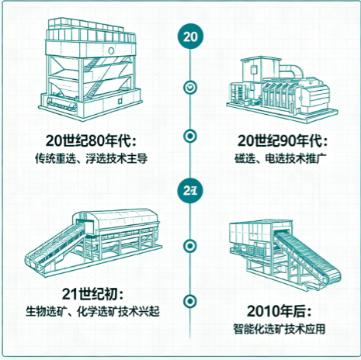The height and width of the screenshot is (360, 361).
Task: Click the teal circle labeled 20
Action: point(190,36)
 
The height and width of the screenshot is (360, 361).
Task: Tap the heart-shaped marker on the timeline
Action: point(190,88)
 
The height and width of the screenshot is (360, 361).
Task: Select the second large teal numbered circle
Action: point(190,191)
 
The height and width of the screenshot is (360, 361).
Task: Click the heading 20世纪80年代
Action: point(91,141)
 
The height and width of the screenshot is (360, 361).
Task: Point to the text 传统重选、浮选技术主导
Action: point(91,158)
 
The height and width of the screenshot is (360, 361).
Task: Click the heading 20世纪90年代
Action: point(283,141)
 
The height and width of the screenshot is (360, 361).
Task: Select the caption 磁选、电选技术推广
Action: point(281,158)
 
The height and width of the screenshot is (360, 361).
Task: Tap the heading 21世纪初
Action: point(92,294)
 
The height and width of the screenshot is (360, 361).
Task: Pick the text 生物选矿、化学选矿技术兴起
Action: point(92,311)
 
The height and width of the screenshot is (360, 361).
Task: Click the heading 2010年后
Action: point(279,311)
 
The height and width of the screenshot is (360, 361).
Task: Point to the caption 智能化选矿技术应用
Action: point(279,329)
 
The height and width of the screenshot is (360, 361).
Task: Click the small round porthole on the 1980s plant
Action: point(111,50)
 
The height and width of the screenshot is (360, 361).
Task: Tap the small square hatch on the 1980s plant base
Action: point(120,100)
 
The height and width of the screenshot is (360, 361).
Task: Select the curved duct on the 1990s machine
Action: point(291,70)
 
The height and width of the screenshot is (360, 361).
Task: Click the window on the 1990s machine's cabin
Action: point(254,70)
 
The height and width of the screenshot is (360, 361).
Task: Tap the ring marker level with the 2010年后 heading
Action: point(190,301)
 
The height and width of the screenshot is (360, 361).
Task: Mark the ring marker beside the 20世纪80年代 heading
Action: point(190,136)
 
